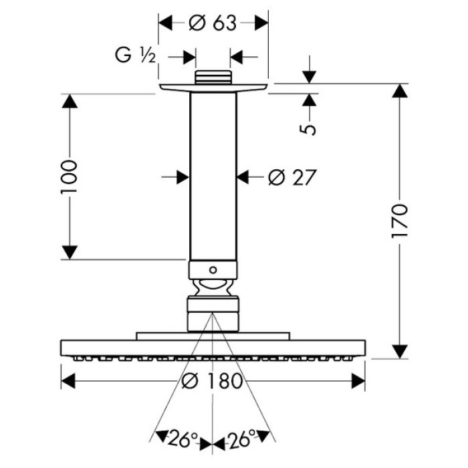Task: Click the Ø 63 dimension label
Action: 213,23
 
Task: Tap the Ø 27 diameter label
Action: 290,177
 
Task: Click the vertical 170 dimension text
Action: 399,220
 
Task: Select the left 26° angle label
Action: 183,439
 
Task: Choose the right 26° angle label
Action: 242,439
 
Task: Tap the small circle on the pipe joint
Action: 213,270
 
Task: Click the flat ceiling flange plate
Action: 213,88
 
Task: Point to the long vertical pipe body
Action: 213,174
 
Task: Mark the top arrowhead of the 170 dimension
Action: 400,90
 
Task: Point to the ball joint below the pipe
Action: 213,289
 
